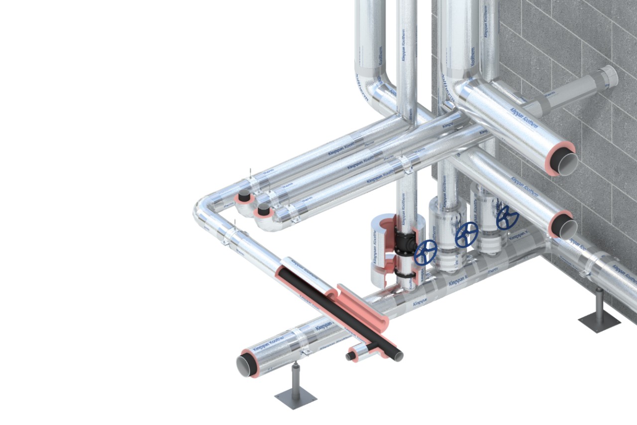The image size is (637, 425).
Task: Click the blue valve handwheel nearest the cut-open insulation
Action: point(425,252)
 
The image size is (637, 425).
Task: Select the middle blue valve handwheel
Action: point(467,234)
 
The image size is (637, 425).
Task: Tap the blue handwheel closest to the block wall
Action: point(507,218)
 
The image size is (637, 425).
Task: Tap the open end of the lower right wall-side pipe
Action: point(565,227)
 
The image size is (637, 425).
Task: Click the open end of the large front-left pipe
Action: point(246,365)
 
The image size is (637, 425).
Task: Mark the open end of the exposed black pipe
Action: point(399,356)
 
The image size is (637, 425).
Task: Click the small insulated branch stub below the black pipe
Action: point(357,354)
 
